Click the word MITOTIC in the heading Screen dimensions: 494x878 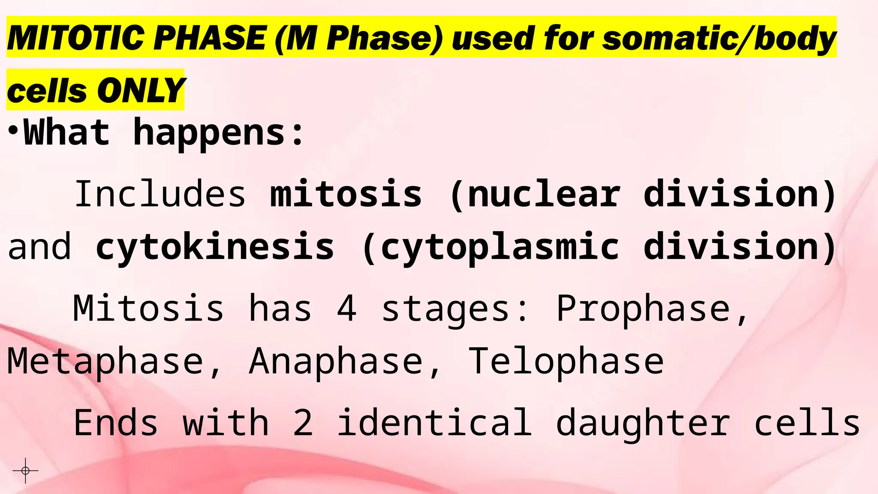[75, 38]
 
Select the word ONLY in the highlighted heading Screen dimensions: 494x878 [141, 91]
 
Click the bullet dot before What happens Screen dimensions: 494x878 [13, 130]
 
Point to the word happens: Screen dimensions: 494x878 [219, 133]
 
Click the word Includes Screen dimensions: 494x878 [160, 194]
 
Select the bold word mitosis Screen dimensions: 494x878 [346, 194]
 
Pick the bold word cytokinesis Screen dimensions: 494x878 [215, 247]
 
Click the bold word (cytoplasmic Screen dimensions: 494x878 [490, 247]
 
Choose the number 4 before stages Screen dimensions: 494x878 [347, 308]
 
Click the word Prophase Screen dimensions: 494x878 [652, 308]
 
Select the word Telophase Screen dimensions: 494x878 [566, 361]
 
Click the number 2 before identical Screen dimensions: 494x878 [303, 423]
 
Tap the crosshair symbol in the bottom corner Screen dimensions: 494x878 [25, 471]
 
